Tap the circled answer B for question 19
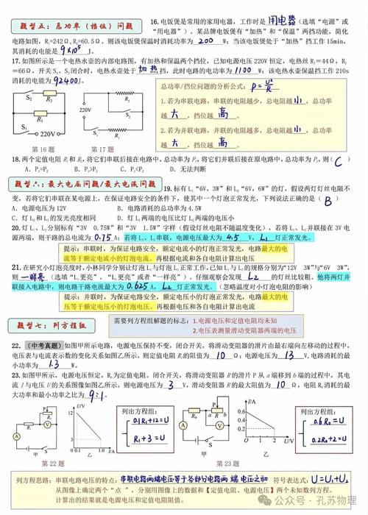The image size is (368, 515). pyautogui.click(x=329, y=199)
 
